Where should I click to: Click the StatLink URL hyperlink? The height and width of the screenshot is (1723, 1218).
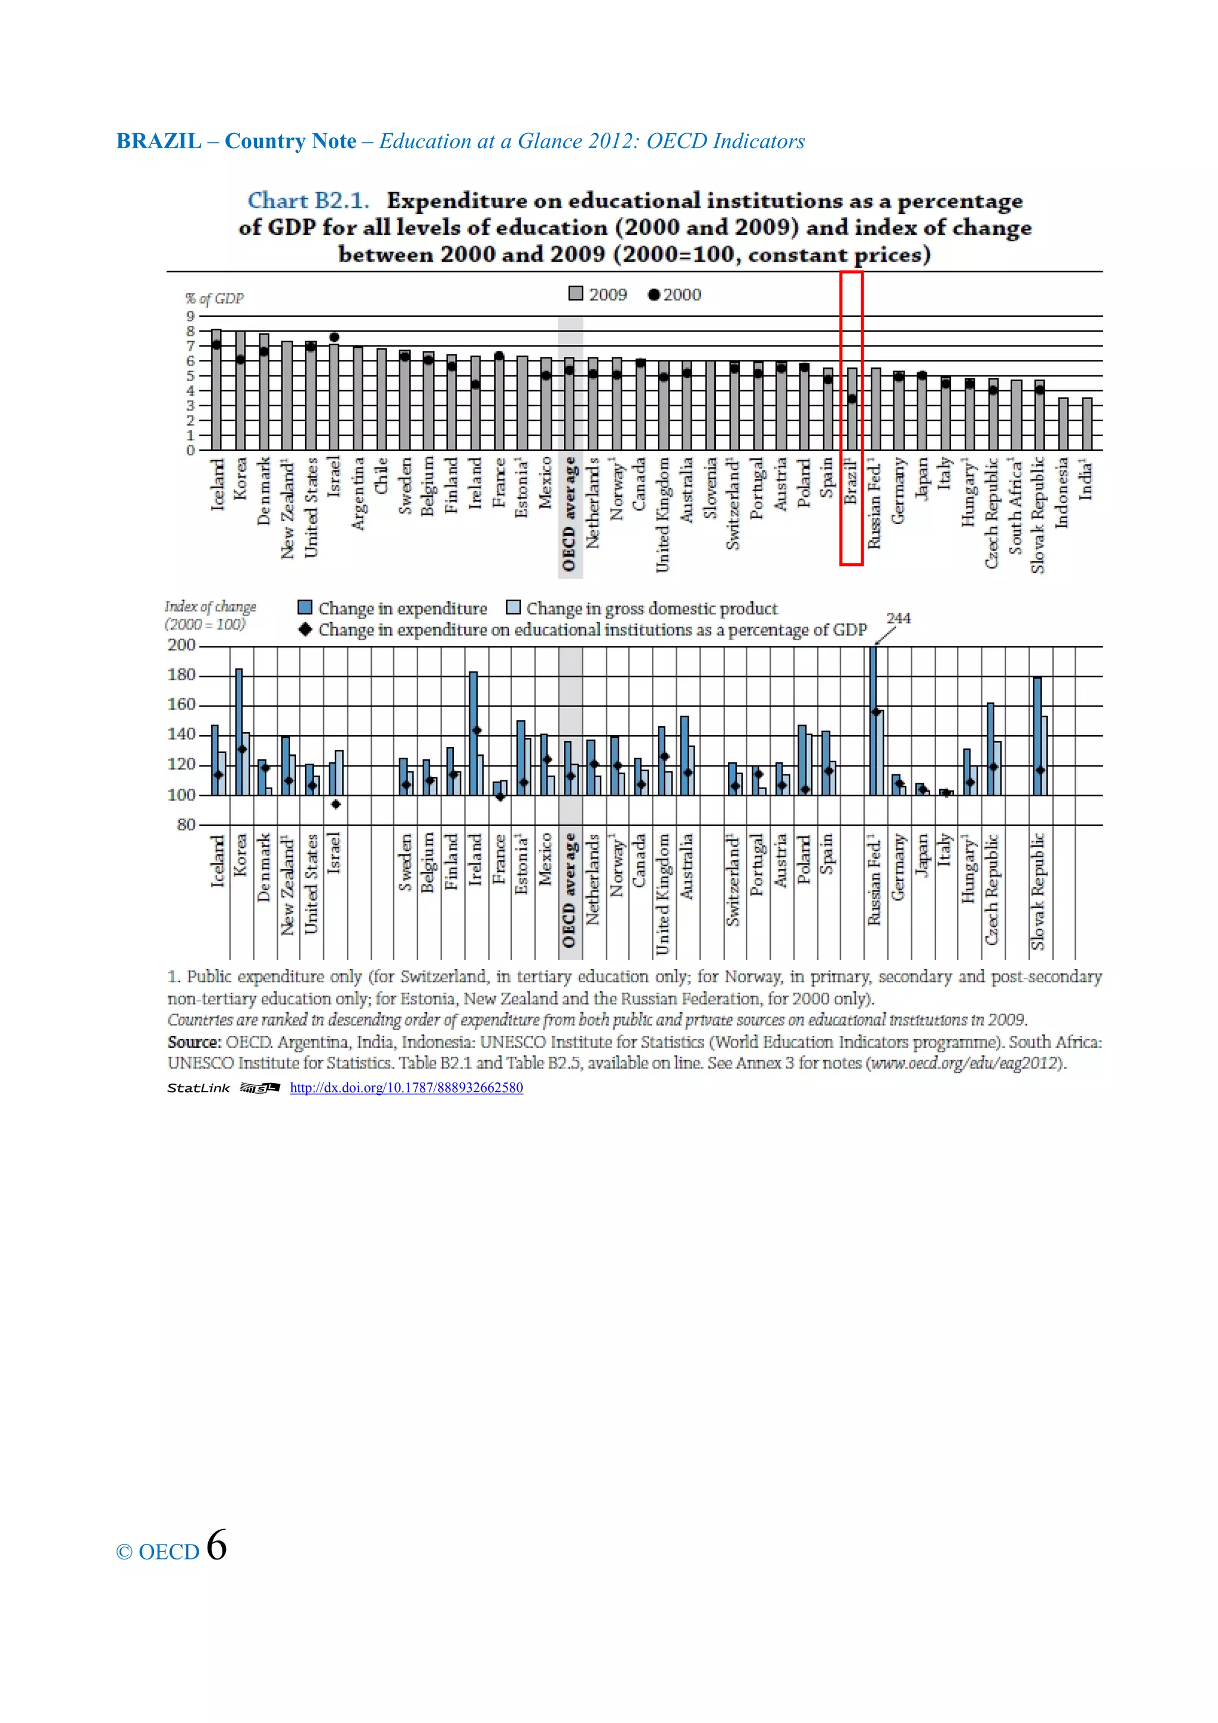click(x=406, y=1087)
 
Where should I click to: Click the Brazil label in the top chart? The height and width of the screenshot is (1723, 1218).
click(x=850, y=481)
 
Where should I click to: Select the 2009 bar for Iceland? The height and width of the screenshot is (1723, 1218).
click(x=216, y=390)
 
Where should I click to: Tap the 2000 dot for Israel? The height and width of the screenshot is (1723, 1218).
click(x=334, y=337)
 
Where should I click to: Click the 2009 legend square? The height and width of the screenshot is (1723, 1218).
click(x=576, y=293)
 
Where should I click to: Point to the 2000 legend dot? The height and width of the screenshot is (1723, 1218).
click(x=654, y=295)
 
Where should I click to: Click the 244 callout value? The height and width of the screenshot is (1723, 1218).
click(x=898, y=617)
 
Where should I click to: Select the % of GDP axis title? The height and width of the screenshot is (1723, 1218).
click(x=215, y=298)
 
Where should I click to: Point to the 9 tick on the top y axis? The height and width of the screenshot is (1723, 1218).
click(x=191, y=316)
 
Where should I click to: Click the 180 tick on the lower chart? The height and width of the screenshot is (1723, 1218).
click(x=181, y=674)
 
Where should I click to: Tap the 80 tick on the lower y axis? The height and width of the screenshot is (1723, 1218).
click(x=186, y=825)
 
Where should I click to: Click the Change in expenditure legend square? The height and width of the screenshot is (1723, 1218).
click(x=304, y=607)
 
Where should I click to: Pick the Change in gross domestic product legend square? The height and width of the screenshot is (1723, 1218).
click(x=513, y=607)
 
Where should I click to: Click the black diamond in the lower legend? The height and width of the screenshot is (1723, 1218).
click(x=304, y=629)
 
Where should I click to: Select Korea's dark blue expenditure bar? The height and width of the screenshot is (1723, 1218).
click(x=238, y=732)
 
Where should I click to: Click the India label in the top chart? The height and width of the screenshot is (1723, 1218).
click(x=1085, y=481)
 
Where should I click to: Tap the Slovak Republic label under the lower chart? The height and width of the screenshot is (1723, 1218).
click(x=1038, y=891)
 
